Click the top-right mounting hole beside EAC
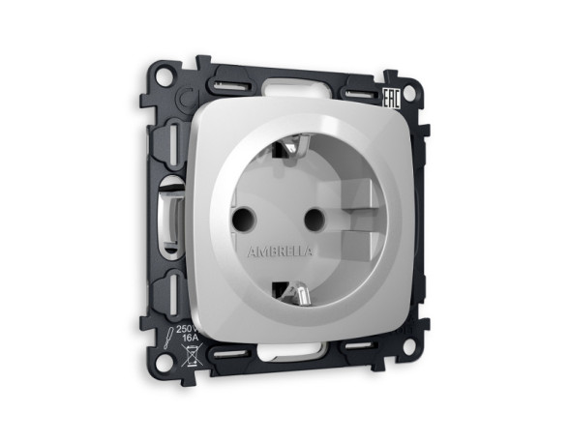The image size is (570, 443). pos(411,94)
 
